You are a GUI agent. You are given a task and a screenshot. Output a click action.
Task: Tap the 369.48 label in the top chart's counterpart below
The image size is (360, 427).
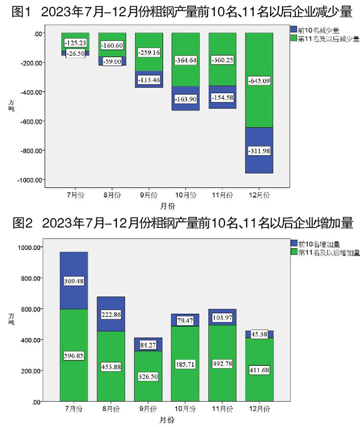click(74, 281)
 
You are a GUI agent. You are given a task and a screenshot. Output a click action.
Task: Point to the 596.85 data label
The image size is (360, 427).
click(74, 356)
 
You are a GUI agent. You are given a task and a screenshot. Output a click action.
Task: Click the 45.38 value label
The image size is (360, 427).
click(260, 335)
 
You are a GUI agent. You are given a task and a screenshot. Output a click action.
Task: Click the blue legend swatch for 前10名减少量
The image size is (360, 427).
click(292, 29)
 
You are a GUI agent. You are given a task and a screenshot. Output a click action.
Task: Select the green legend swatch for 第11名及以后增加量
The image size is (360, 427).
click(292, 253)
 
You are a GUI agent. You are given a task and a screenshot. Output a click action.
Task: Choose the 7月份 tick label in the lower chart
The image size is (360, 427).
click(74, 408)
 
